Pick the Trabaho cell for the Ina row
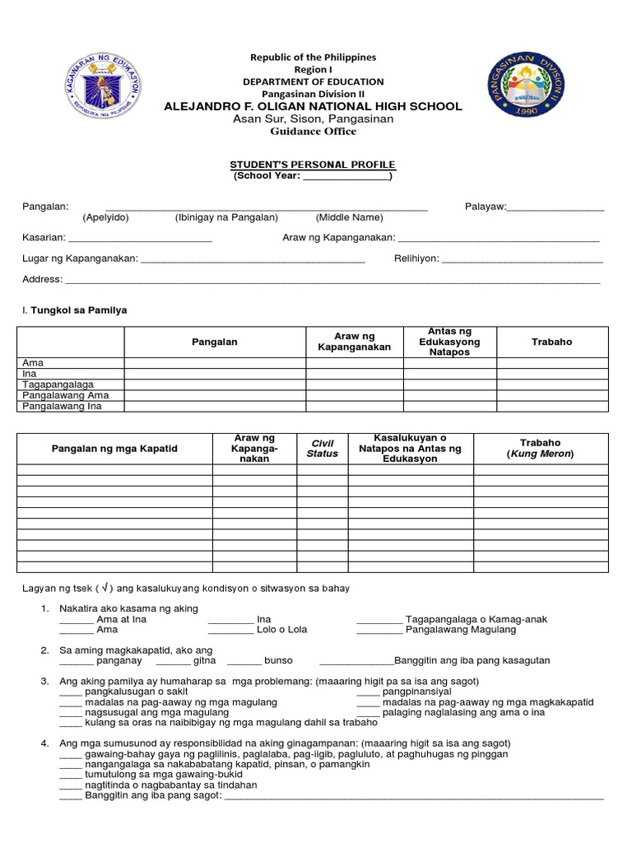pyautogui.click(x=551, y=374)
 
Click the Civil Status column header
pyautogui.click(x=322, y=448)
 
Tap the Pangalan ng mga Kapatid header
pyautogui.click(x=114, y=449)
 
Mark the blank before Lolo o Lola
pyautogui.click(x=230, y=630)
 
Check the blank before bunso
pyautogui.click(x=244, y=660)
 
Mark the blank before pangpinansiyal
pyautogui.click(x=368, y=692)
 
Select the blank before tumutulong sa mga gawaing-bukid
pyautogui.click(x=71, y=775)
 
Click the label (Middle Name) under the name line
pyautogui.click(x=349, y=217)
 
